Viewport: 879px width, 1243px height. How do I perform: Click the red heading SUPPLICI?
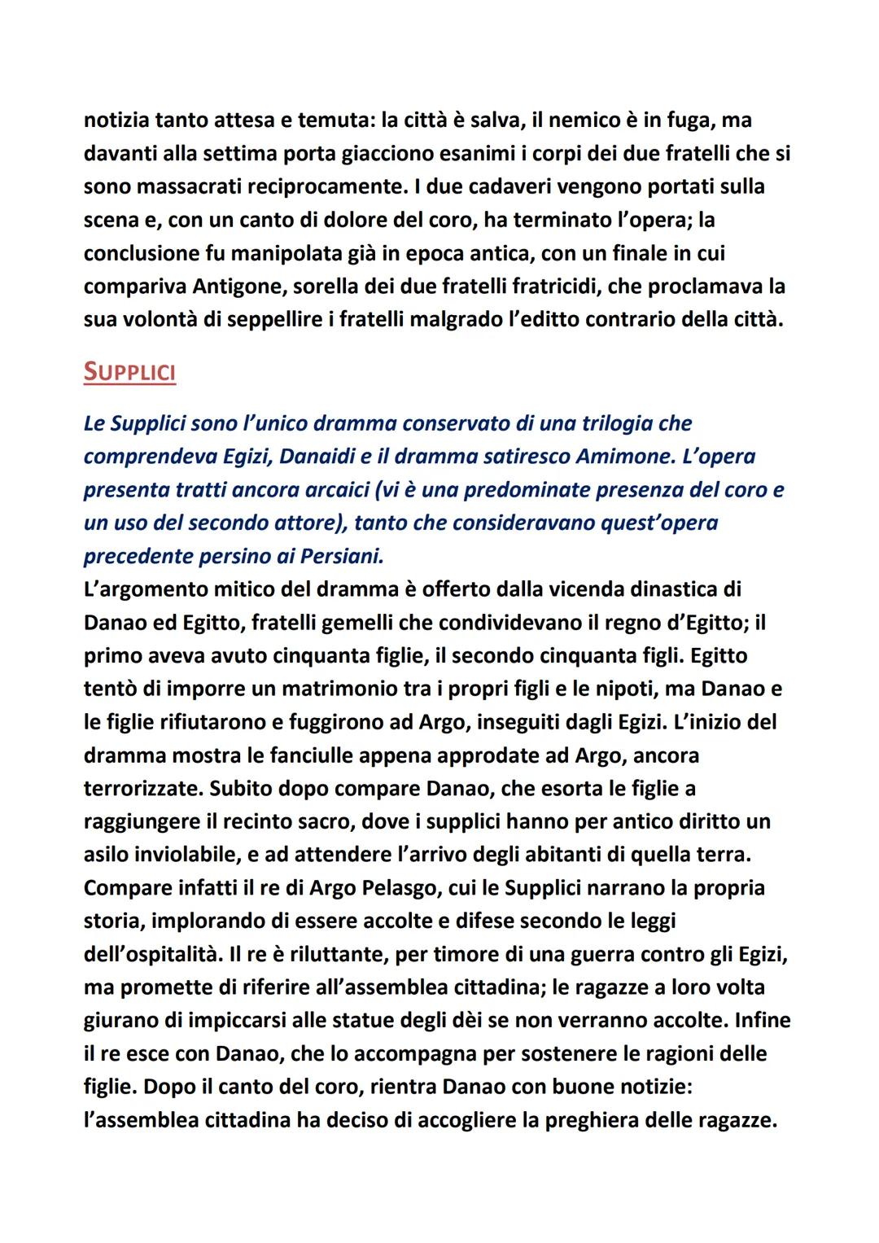(x=129, y=372)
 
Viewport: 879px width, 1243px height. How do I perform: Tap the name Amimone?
(x=621, y=457)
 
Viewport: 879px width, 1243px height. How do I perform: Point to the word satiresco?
(x=518, y=457)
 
